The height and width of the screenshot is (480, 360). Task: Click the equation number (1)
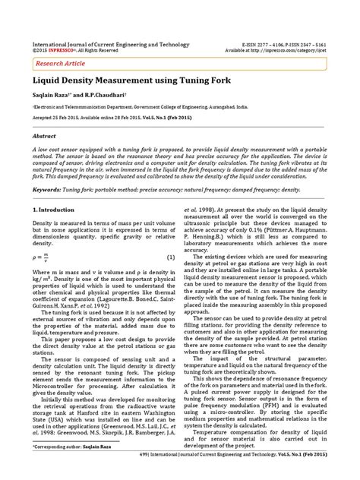171,257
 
